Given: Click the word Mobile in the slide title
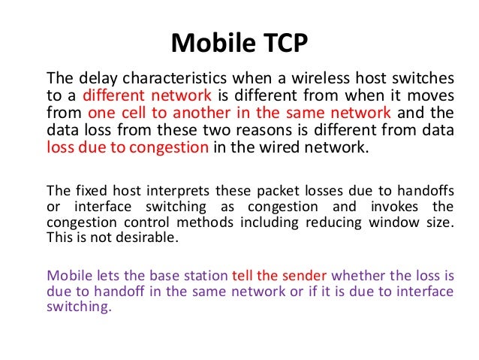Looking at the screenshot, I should [x=208, y=43].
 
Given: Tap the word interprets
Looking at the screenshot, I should [x=149, y=188].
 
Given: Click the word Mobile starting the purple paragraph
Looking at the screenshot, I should [x=67, y=274].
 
